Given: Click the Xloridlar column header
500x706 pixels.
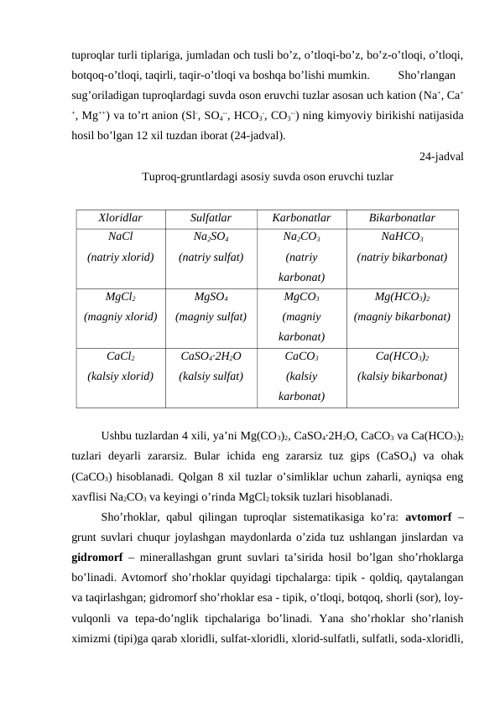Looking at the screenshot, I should [x=121, y=219].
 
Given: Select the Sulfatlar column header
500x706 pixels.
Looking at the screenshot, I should [x=211, y=219].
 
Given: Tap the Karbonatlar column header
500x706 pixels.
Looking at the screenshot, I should [x=301, y=219].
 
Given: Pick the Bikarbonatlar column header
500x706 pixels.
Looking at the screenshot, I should [x=402, y=219].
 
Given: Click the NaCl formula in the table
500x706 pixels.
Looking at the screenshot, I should [x=121, y=237].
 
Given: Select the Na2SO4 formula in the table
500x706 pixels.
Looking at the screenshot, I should [x=211, y=238].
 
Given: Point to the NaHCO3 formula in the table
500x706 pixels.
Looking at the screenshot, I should [x=402, y=238].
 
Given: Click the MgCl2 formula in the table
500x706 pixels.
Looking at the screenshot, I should [x=121, y=298].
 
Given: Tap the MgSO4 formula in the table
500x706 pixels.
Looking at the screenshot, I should [x=211, y=298].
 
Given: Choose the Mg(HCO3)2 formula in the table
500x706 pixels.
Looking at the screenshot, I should [x=402, y=298].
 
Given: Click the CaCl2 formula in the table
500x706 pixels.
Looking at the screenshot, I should [x=121, y=357].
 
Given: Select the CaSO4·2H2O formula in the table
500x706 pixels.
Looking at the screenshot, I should [x=211, y=357].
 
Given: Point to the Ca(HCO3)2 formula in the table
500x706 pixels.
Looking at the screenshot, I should [x=402, y=357].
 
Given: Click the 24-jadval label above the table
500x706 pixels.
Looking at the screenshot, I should [x=443, y=155].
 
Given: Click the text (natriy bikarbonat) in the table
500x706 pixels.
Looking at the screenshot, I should [x=402, y=257].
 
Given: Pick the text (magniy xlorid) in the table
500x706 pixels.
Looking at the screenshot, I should [x=121, y=317].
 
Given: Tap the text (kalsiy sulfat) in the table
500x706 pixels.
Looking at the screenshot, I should [x=211, y=376].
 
